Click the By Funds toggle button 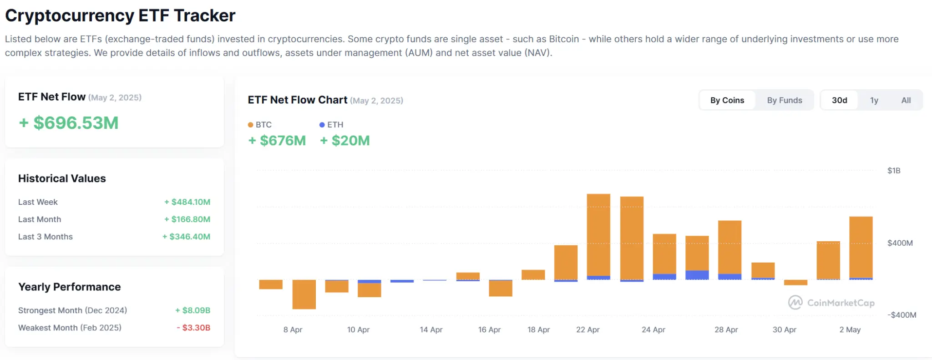coord(784,100)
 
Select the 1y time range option coord(874,100)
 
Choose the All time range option coord(906,100)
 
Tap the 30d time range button coord(839,100)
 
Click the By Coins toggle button coord(727,100)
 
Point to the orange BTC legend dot coord(250,125)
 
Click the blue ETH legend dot coord(322,125)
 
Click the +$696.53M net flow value coord(69,123)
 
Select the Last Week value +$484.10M coord(187,202)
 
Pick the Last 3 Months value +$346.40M coord(186,237)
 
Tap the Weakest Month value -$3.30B coord(193,328)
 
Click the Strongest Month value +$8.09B coord(192,310)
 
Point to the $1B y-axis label coord(893,171)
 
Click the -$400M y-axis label coord(902,315)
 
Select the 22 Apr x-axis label coord(588,330)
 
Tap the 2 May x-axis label coord(850,330)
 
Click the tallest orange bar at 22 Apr coord(598,234)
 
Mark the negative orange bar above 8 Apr coord(304,294)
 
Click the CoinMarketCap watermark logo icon coord(795,303)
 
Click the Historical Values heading coord(62,178)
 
